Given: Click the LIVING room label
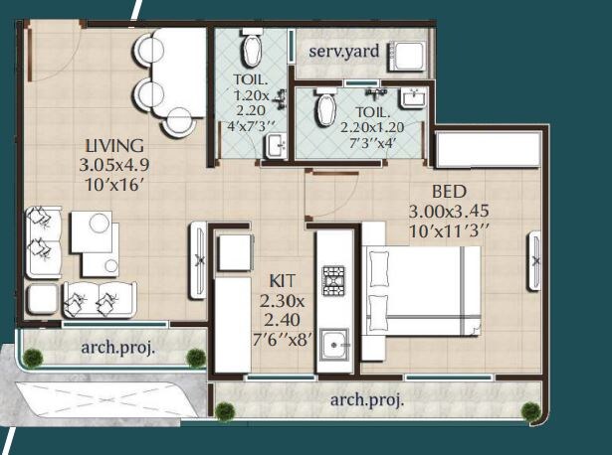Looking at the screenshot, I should [x=115, y=146].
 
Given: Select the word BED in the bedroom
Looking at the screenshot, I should [x=450, y=191].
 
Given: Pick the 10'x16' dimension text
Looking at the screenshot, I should [x=115, y=184].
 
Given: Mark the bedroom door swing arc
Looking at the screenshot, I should [x=320, y=189].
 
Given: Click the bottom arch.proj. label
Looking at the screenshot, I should [x=367, y=400].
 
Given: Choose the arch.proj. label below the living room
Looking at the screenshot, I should [x=118, y=348].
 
